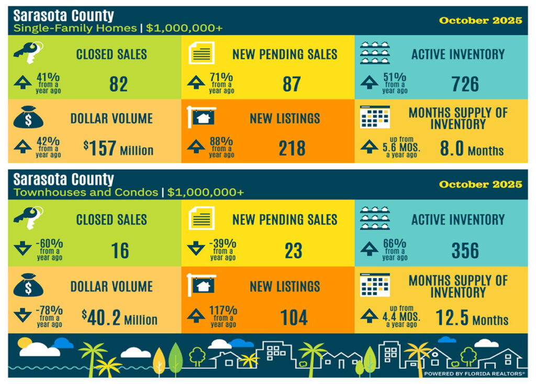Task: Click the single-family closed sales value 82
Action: point(119,84)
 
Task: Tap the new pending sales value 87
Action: point(292,84)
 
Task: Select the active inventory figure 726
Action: point(465,84)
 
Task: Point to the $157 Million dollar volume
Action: point(119,149)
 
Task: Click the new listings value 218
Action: point(292,149)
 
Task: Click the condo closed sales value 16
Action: point(120,251)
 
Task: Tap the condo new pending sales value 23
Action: point(293,251)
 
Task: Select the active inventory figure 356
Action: point(465,251)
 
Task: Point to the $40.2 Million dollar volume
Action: point(120,317)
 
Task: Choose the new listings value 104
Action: point(293,317)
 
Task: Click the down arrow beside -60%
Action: point(23,248)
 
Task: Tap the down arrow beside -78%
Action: point(23,315)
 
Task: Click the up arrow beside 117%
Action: point(196,315)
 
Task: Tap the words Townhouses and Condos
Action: point(86,192)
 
